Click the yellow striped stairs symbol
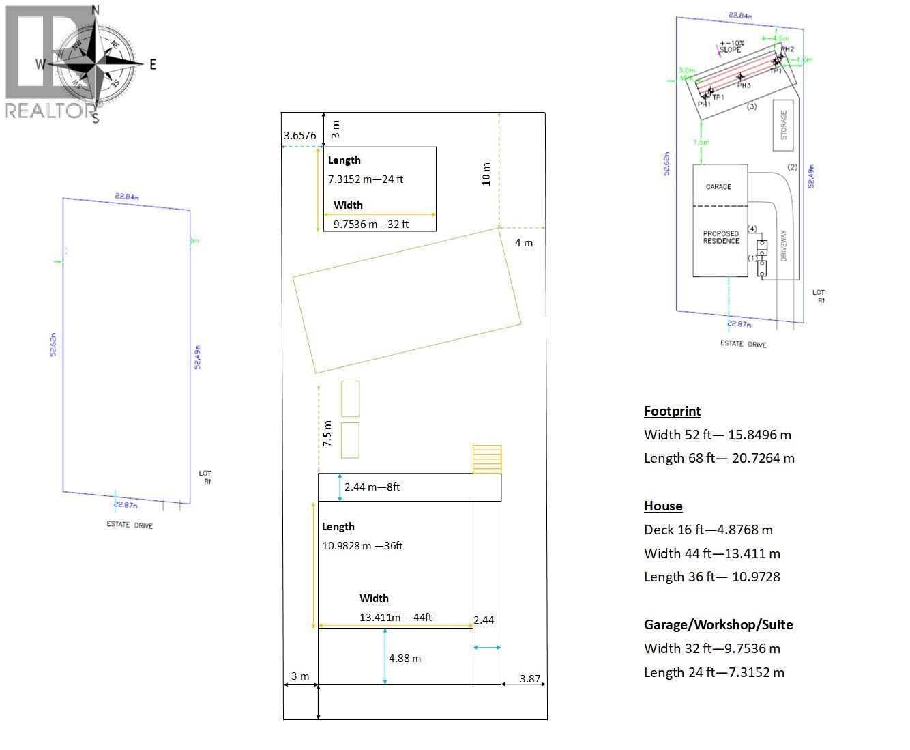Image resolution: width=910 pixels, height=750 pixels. pos(487,459)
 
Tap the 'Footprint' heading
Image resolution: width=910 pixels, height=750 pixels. pos(672,411)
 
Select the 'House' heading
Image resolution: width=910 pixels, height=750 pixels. pos(663,506)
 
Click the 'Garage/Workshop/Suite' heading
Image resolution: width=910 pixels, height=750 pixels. pos(718,624)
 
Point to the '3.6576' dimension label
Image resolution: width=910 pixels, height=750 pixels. pos(300,136)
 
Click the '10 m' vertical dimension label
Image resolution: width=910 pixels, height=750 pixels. pos(486,174)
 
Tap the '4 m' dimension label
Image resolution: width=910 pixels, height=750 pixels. pos(524,243)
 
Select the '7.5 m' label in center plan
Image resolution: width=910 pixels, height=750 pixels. pos(327,434)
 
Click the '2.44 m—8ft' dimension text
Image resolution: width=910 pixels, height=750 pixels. pos(372,487)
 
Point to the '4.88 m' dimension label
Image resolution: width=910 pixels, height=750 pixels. pos(405,659)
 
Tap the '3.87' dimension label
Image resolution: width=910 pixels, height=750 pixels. pos(530,679)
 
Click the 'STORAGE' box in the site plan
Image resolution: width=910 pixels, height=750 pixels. pos(783,126)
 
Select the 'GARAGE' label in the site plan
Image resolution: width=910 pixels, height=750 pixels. pos(718,186)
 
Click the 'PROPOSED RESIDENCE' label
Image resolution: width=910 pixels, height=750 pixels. pos(721,237)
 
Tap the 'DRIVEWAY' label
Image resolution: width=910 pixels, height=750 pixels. pos(784,246)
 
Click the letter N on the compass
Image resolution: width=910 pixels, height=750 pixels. pos(96,10)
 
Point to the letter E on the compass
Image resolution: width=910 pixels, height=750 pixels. pos(153,64)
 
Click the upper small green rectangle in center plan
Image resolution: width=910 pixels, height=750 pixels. pos(351,399)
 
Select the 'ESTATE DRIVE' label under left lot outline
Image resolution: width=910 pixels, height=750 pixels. pos(130,525)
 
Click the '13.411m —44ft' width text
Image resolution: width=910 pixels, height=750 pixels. pos(396,618)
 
